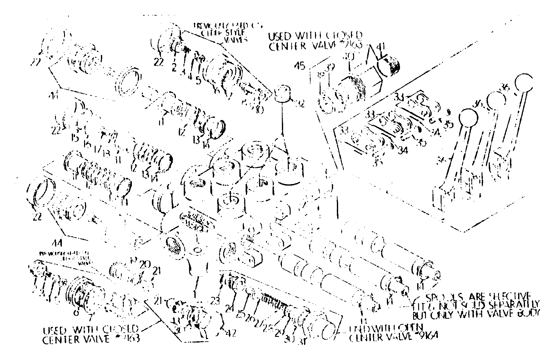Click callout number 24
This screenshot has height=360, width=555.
coord(230,308)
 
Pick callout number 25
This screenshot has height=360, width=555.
coord(241,315)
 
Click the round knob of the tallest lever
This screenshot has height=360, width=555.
coord(524,82)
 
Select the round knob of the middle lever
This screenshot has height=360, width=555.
coord(496,101)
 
